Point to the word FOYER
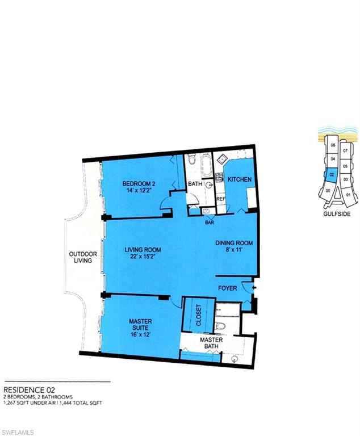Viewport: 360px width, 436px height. (x=228, y=288)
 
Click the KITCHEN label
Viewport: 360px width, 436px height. (x=239, y=179)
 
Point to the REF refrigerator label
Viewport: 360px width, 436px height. (x=221, y=199)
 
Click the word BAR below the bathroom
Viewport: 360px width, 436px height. (x=209, y=223)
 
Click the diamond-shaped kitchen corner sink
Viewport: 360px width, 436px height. (x=221, y=158)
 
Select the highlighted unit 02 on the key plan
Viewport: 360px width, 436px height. (x=331, y=175)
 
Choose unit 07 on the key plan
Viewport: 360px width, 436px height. (x=345, y=152)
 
